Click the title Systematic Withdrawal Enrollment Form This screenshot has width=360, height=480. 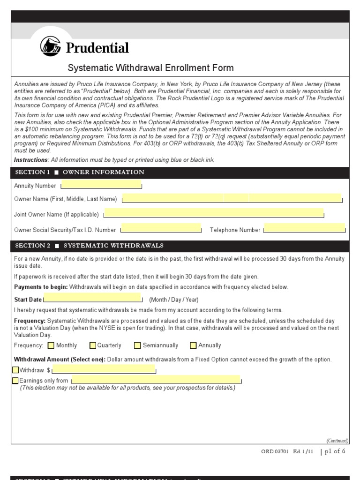[x=150, y=68]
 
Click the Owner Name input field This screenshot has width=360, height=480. [x=232, y=198]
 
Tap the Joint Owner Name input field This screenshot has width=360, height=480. [x=214, y=214]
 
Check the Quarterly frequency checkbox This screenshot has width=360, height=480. [x=93, y=345]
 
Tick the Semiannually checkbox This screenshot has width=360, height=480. [x=137, y=345]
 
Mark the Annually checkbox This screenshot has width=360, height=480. [x=194, y=345]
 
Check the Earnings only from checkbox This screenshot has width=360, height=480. [x=16, y=380]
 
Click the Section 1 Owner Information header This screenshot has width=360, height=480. [x=80, y=172]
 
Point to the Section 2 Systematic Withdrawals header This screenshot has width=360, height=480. [x=89, y=246]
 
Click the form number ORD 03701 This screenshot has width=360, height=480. [x=274, y=452]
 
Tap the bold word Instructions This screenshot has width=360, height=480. [x=31, y=160]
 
